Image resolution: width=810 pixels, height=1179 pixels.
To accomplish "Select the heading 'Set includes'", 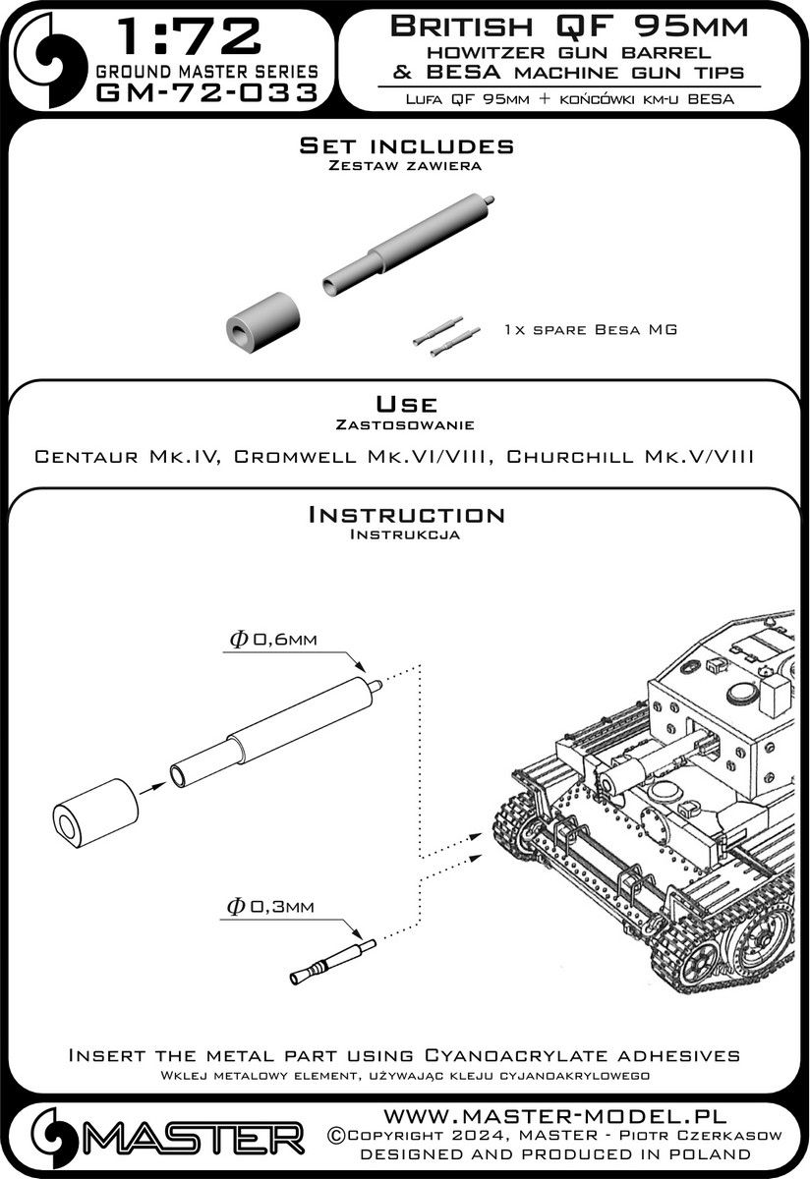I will click(406, 145).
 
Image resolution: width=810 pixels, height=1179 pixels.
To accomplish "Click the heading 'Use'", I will click(406, 404).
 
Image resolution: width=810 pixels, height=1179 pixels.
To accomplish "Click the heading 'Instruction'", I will click(406, 514).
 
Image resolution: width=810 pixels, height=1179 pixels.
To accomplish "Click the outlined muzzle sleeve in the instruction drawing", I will click(95, 813).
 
